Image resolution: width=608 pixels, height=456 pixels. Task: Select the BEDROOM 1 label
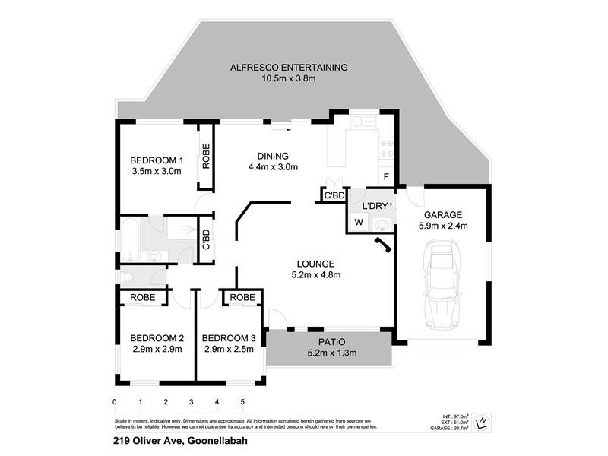click(x=157, y=160)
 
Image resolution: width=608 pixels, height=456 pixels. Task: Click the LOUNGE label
click(x=315, y=264)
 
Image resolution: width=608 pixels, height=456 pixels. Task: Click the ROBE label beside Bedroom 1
click(x=206, y=157)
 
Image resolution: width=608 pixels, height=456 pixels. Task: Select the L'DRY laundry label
click(x=375, y=206)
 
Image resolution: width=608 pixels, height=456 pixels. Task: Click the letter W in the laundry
click(x=359, y=223)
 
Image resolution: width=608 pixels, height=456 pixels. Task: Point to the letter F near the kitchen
click(x=386, y=178)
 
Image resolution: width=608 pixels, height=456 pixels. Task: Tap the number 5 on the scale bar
click(x=242, y=402)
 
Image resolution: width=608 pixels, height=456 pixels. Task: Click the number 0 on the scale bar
click(x=115, y=402)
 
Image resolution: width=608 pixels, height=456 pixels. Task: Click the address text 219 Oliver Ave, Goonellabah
click(x=180, y=440)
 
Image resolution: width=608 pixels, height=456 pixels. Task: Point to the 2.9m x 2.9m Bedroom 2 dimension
click(x=157, y=350)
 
